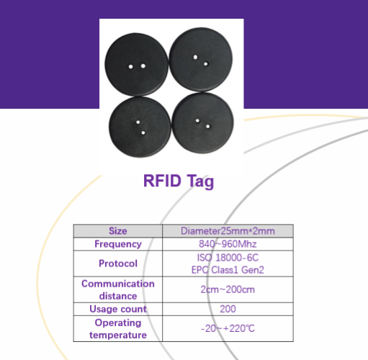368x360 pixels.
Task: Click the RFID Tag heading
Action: [179, 181]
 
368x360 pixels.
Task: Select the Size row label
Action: [118, 231]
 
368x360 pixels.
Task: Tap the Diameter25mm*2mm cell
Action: [228, 231]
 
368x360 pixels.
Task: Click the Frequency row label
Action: [118, 244]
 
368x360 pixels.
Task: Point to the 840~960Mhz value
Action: [228, 244]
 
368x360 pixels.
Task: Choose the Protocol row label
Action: [118, 264]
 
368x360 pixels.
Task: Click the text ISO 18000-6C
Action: [228, 258]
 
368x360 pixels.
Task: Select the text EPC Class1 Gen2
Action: [228, 270]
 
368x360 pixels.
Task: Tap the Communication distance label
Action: [118, 289]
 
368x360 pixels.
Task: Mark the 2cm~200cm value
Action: [228, 289]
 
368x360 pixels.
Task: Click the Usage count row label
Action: [118, 309]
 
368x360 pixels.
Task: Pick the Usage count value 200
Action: [228, 309]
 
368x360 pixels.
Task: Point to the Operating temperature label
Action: [118, 329]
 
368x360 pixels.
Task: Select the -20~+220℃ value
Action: [228, 328]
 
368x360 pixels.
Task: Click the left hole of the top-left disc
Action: [130, 66]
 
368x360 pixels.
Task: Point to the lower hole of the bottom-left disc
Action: [143, 132]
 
